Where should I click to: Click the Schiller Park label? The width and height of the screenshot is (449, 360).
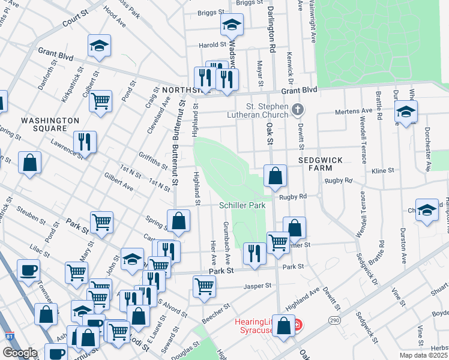coord(242,205)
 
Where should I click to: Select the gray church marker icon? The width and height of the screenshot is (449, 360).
coord(299,109)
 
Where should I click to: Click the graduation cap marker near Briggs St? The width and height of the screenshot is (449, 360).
coord(231,25)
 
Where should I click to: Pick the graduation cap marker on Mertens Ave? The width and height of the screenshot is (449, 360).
coord(406,110)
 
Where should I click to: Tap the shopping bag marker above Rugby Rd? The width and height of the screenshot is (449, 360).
coord(275,175)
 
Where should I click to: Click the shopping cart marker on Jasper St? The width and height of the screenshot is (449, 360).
coord(204,286)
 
